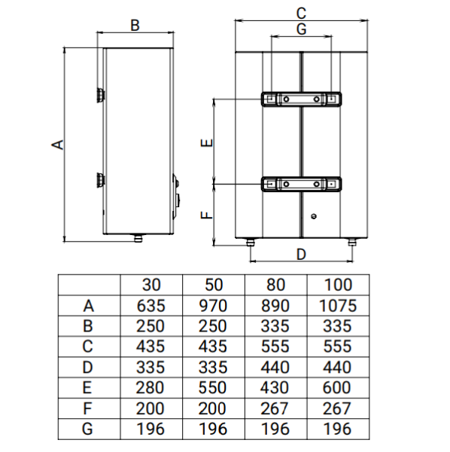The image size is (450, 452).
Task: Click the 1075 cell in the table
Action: coord(338,306)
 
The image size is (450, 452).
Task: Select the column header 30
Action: coord(151,285)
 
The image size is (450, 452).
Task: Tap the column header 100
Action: coord(338,285)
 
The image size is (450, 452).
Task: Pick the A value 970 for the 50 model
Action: coord(213,306)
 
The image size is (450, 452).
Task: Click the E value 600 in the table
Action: coord(336,387)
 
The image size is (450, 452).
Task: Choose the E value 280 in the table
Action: coord(150,387)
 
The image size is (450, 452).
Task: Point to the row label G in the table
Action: coord(87,429)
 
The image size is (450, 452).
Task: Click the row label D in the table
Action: coord(87,368)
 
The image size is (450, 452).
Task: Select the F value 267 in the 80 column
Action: coord(275,408)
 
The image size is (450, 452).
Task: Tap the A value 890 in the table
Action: coord(275,306)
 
